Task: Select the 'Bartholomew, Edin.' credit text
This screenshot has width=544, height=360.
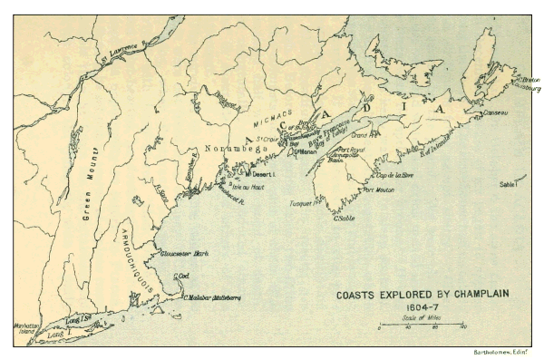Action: [501, 351]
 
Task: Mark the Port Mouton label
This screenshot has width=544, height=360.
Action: [378, 190]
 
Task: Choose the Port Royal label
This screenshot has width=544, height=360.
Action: [351, 150]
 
